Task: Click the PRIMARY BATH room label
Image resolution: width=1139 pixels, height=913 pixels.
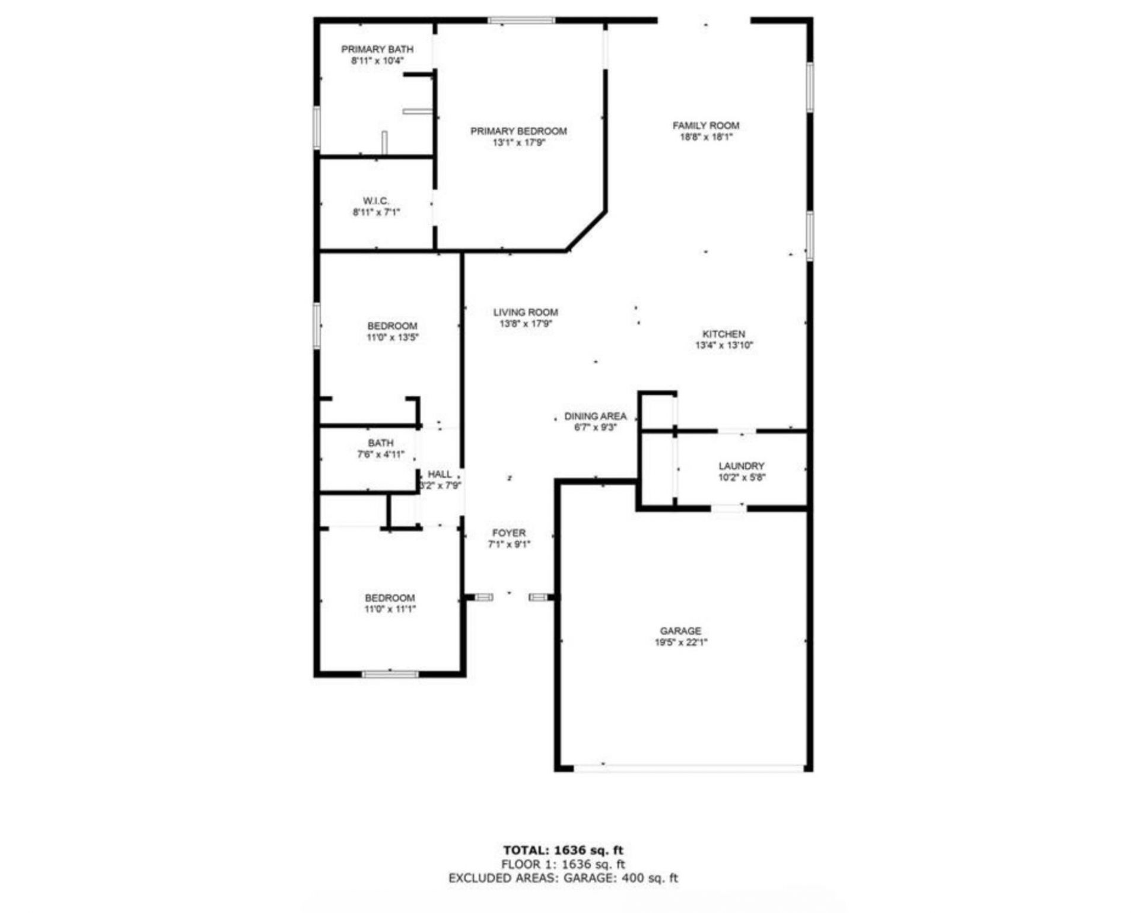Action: pos(377,49)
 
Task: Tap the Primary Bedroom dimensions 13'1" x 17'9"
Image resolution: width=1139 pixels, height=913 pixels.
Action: pos(518,143)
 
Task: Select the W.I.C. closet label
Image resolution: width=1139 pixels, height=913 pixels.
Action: pos(376,201)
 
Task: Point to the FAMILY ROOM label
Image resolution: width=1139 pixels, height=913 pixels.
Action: pos(705,126)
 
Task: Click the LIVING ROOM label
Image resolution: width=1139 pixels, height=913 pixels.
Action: pos(525,312)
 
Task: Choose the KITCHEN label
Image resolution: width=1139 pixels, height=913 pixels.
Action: pos(723,334)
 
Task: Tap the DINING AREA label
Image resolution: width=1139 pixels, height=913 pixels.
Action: pos(595,416)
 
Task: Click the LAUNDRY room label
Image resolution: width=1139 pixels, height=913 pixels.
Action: pos(741,466)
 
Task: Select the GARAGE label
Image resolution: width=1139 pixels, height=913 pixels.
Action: pos(680,631)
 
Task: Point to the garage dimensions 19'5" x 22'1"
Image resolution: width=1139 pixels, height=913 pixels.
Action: pos(680,642)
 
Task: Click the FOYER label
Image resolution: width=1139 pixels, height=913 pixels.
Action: pos(508,533)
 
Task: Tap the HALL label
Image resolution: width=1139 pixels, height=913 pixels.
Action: pos(440,474)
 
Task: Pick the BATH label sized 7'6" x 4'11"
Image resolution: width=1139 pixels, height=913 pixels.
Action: pos(380,443)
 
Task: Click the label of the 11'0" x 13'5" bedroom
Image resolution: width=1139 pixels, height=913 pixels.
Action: pos(392,326)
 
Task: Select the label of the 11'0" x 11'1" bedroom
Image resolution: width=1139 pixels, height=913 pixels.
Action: pos(390,598)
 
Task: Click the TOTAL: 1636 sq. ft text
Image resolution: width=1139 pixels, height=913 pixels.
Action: pos(563,850)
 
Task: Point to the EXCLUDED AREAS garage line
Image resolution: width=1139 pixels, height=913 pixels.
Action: pos(563,878)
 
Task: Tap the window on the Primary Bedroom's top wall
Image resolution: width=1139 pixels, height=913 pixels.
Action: pos(521,21)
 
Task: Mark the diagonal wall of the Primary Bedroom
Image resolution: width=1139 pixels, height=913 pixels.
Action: pos(586,231)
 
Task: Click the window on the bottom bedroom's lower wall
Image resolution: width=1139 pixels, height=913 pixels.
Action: pos(390,674)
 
